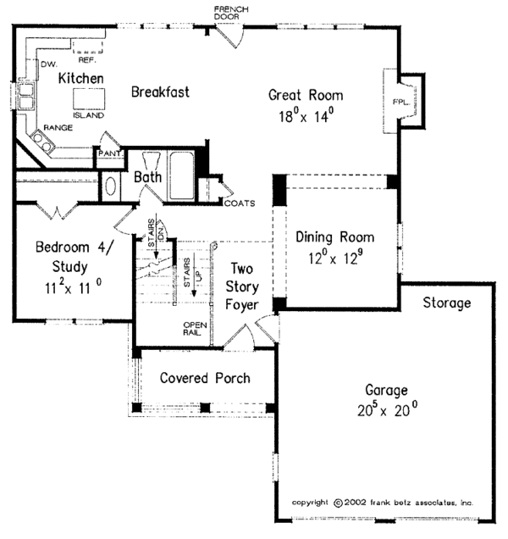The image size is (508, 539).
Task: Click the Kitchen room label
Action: pos(81,79)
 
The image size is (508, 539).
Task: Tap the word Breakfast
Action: pos(160,92)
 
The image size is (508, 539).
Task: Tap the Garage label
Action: pos(386,392)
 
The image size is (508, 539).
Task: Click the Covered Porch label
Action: pos(204,377)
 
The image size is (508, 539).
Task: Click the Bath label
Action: pos(147,176)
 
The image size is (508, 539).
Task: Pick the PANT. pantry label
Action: pos(109,154)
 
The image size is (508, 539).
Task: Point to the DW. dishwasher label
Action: pos(47,64)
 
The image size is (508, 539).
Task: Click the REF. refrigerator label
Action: pos(87,60)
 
